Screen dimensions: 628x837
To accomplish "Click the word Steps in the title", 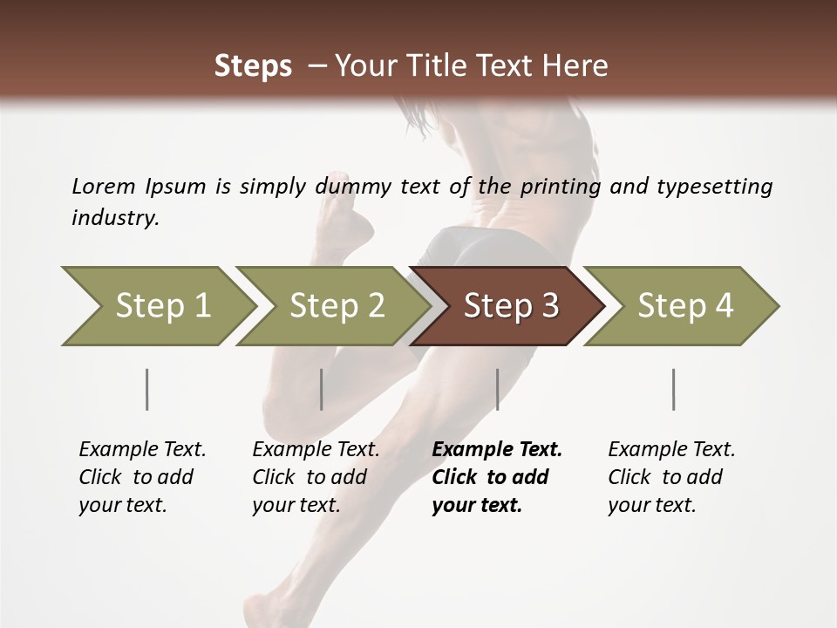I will tap(253, 65).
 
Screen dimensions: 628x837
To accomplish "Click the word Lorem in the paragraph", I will tap(103, 186).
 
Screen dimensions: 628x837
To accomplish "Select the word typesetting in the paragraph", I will tap(714, 186).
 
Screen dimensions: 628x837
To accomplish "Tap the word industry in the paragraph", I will tap(115, 217).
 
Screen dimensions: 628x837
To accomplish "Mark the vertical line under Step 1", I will tap(147, 389).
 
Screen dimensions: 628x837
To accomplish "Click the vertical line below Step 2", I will tap(322, 389).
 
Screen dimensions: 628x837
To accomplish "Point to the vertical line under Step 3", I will tap(498, 389).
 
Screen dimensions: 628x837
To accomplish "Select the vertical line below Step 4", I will tap(674, 389).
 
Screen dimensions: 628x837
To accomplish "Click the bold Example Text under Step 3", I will tap(497, 449).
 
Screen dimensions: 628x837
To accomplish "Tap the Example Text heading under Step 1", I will tap(142, 449).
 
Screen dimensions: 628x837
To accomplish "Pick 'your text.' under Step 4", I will tap(651, 505).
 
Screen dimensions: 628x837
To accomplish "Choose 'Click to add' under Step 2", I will tap(310, 477).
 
